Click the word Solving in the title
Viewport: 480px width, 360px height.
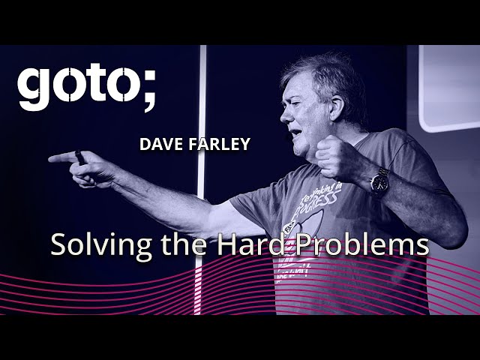click(x=92, y=245)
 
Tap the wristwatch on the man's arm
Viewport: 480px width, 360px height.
click(x=379, y=181)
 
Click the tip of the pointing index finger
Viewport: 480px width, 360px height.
click(x=52, y=158)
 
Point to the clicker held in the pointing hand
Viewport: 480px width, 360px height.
click(x=80, y=158)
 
